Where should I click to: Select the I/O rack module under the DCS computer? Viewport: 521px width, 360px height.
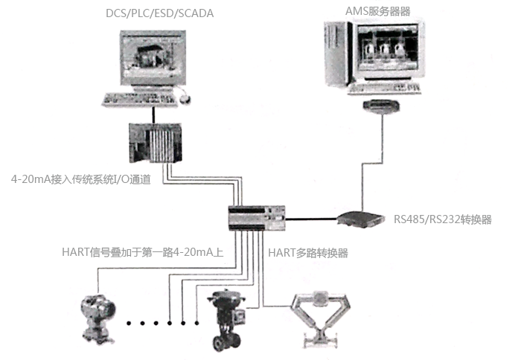154,143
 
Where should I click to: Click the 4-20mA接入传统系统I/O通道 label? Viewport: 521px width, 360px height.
81,179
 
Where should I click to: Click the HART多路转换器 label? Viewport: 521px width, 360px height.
307,253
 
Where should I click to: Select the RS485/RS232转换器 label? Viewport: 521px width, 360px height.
442,220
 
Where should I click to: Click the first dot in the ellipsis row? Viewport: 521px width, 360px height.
130,323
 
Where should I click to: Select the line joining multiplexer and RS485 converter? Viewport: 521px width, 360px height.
313,219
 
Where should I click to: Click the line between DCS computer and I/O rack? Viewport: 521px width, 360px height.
153,113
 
